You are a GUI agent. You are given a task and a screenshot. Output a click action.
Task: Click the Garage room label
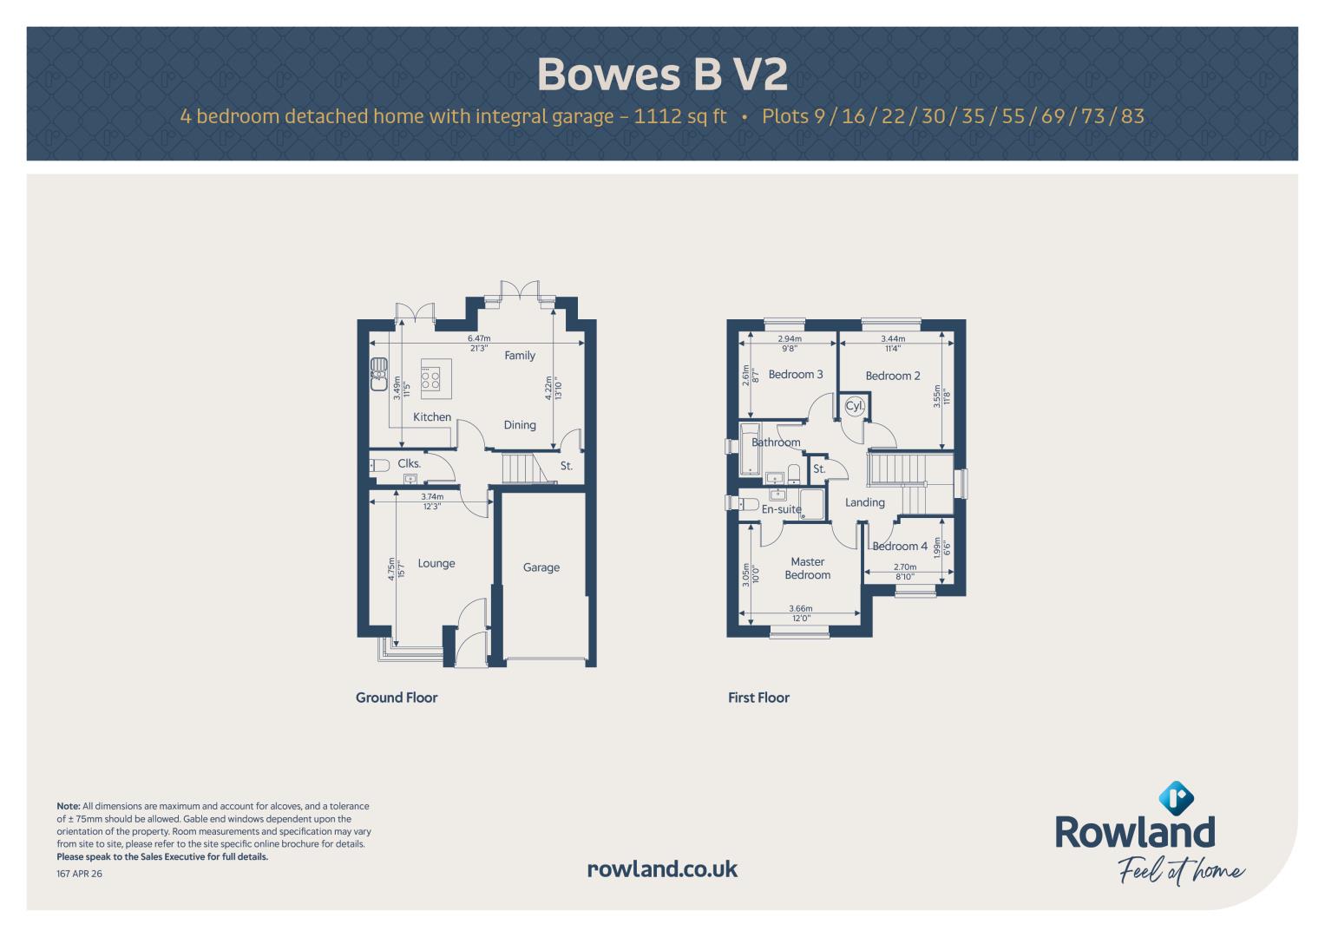coord(541,567)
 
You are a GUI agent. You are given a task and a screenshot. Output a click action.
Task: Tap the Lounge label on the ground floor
coord(436,563)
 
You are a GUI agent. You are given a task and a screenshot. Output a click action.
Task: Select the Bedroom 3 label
coord(795,375)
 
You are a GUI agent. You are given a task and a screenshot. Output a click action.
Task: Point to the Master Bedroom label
coord(808,568)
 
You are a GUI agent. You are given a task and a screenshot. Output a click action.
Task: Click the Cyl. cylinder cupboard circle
coord(854,406)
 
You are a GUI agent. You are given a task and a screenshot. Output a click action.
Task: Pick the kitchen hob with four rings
coord(430,378)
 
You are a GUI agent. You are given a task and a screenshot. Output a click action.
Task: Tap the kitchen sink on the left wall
coord(378,374)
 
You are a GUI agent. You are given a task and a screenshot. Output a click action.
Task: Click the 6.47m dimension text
coord(478,338)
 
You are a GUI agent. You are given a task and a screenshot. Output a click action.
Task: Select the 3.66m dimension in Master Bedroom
coord(800,608)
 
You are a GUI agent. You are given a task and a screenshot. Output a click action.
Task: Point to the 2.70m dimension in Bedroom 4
coord(904,567)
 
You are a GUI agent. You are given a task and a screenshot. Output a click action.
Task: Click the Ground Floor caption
coord(397,698)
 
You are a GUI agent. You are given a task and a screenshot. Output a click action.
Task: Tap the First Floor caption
coord(758,698)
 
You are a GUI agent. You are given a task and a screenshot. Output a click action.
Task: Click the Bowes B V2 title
coord(663,74)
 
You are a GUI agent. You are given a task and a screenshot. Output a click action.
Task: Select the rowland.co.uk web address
coord(663,869)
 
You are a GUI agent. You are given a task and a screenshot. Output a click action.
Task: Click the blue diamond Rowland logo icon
coord(1176,798)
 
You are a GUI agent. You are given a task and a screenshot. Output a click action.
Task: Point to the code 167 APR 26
coord(79,874)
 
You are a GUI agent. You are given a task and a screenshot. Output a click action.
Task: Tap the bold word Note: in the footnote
coord(68,806)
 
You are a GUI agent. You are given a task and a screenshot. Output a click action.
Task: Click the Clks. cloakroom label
coord(409,464)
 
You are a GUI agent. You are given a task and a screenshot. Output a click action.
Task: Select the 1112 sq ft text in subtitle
coord(680,116)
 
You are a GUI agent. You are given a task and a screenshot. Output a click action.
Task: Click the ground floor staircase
coord(523,468)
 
